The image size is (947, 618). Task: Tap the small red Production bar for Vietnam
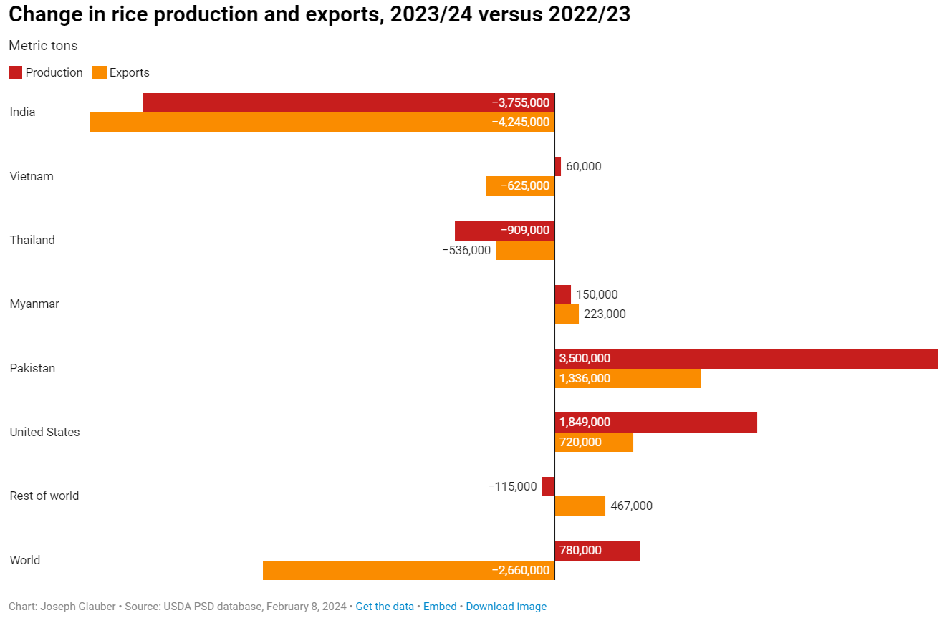click(557, 166)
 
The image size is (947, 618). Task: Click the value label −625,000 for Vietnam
click(525, 186)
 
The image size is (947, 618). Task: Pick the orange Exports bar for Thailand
click(524, 250)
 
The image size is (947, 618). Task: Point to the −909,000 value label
click(525, 230)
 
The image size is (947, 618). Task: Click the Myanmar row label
click(34, 304)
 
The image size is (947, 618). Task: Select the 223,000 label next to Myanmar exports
click(605, 314)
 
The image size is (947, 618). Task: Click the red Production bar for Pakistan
click(746, 358)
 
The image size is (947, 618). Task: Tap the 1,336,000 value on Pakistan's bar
click(585, 378)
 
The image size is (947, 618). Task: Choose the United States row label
click(44, 432)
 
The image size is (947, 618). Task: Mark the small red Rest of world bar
click(548, 486)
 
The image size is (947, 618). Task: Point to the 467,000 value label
click(631, 506)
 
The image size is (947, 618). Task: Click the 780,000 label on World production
click(580, 550)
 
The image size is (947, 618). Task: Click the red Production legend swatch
click(15, 72)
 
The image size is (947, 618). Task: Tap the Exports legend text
click(129, 72)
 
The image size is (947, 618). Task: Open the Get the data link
click(385, 607)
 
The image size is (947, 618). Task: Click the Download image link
click(506, 607)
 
